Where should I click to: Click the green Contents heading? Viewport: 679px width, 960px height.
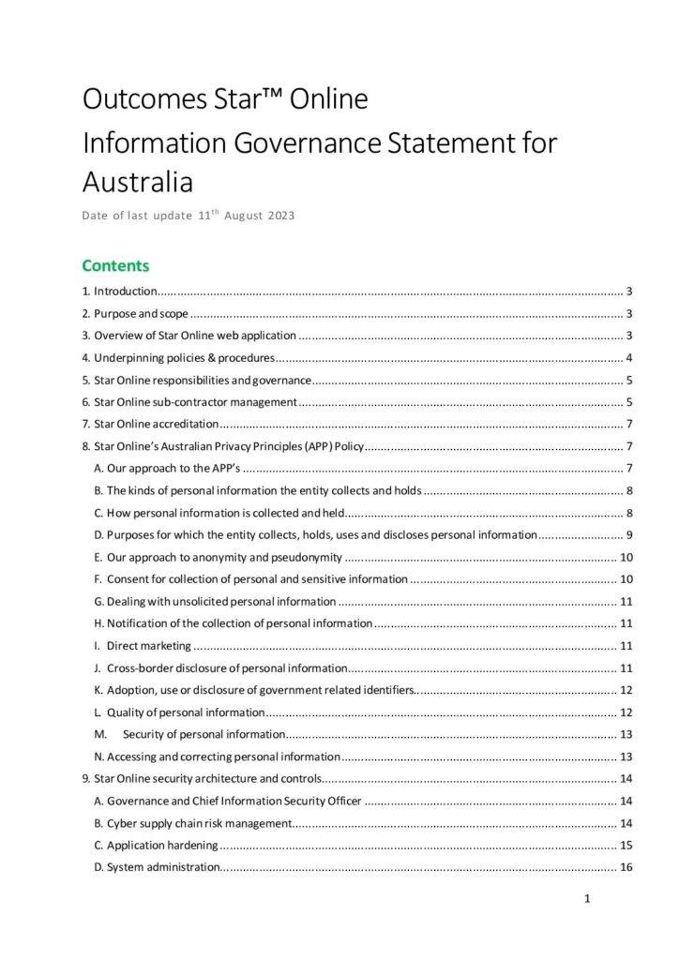(x=115, y=265)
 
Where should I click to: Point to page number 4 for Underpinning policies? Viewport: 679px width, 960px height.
(x=629, y=357)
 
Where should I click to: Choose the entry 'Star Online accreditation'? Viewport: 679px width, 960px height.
(x=156, y=424)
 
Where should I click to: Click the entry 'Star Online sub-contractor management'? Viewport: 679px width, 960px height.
(x=195, y=402)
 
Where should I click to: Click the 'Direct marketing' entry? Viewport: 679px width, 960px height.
(x=149, y=645)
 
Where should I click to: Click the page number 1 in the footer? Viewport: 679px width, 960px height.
(x=587, y=899)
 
